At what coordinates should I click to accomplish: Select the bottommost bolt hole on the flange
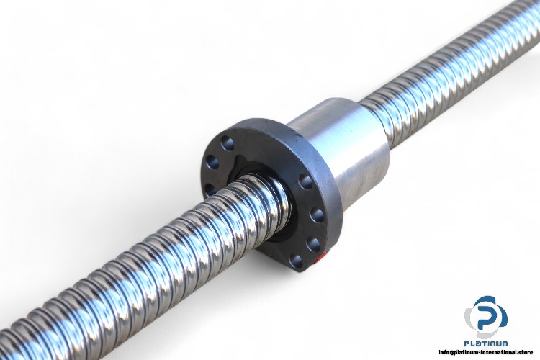pos(296,261)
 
